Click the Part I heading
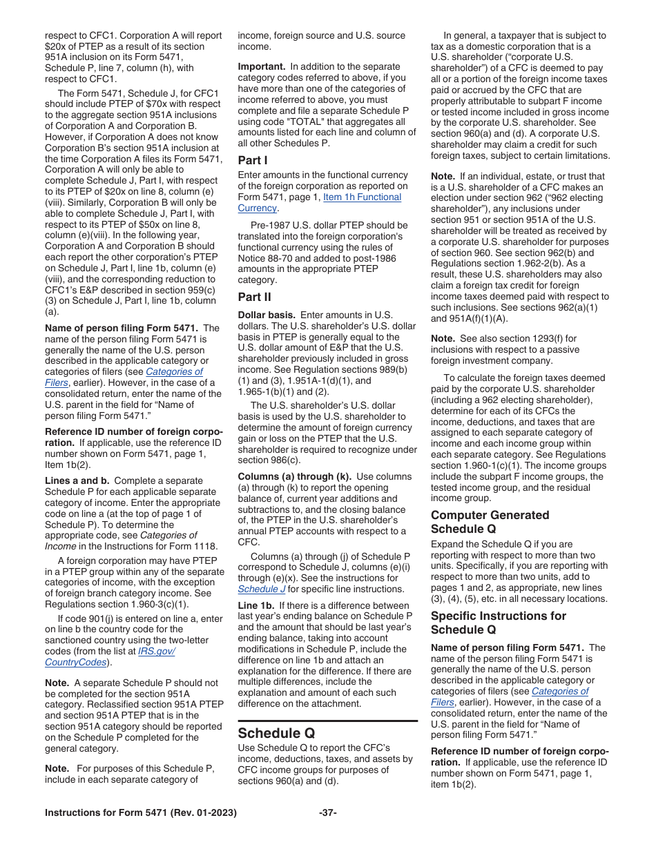[x=253, y=160]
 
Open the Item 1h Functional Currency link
[x=361, y=197]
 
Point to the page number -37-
[x=328, y=812]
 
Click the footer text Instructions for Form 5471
[x=140, y=812]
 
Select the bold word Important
[x=262, y=66]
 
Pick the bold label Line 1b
[x=255, y=605]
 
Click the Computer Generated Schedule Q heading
[x=490, y=522]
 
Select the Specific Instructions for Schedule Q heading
[x=498, y=623]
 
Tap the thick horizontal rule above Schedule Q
[x=327, y=721]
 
